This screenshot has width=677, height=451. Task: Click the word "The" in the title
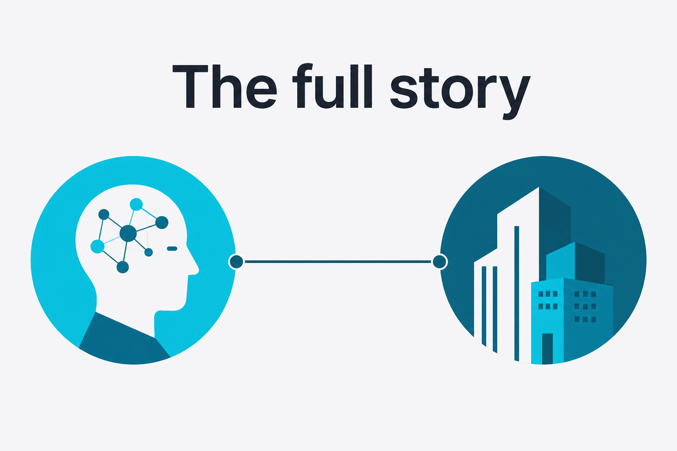(x=225, y=86)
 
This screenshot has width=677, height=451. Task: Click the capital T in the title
(x=190, y=86)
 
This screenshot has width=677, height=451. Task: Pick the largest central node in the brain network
(x=128, y=233)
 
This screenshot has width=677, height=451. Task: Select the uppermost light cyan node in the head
(x=136, y=205)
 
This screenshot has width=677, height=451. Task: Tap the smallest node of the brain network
(x=149, y=252)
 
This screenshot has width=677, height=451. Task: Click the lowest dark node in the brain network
(x=123, y=267)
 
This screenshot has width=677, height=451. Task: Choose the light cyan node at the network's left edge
(x=97, y=246)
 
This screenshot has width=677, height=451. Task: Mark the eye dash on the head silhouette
(x=172, y=248)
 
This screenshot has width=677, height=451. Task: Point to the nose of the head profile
(x=195, y=268)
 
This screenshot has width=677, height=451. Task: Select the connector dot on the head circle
(x=236, y=262)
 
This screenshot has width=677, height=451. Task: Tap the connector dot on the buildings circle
(x=440, y=262)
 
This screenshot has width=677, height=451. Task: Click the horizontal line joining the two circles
(x=338, y=262)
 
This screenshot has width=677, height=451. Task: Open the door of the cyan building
(x=547, y=348)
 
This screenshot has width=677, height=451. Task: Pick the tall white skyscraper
(x=518, y=272)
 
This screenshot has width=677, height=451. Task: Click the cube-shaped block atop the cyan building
(x=575, y=262)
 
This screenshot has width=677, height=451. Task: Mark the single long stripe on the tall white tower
(x=517, y=293)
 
